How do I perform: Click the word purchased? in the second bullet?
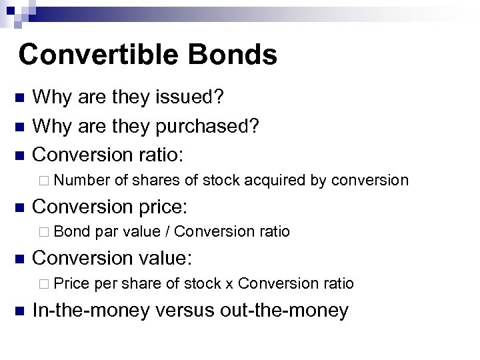[209, 125]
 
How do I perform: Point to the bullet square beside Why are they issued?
[19, 99]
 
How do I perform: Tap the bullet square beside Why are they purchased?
[19, 125]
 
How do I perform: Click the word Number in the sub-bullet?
[88, 180]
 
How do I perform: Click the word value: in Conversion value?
[175, 258]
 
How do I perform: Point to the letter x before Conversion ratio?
[229, 285]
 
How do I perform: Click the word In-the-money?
[93, 310]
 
